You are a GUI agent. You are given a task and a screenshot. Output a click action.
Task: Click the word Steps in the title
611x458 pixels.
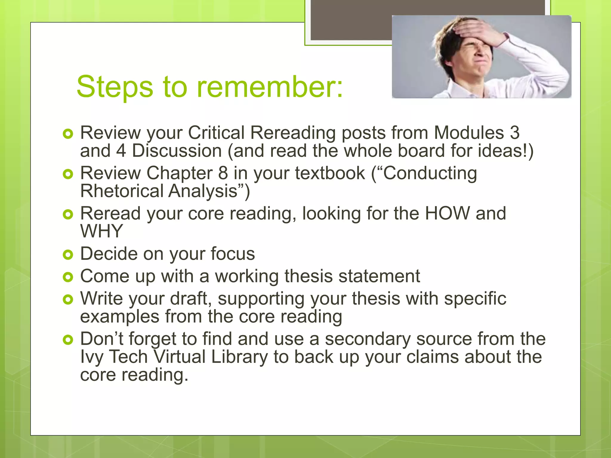pos(115,87)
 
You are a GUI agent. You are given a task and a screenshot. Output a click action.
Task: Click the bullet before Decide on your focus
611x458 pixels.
pos(68,254)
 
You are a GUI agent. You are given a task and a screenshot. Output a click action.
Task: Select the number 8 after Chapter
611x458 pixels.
pos(223,173)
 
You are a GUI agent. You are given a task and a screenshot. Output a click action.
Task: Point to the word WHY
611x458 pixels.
pos(102,231)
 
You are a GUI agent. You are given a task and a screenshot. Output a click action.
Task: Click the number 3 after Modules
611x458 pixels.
pos(514,133)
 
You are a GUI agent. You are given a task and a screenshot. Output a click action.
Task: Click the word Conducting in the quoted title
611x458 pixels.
pos(430,173)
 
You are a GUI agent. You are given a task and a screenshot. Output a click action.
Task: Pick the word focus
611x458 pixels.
pos(233,254)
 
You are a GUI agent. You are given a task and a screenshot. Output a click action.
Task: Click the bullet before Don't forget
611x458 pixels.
pos(68,340)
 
